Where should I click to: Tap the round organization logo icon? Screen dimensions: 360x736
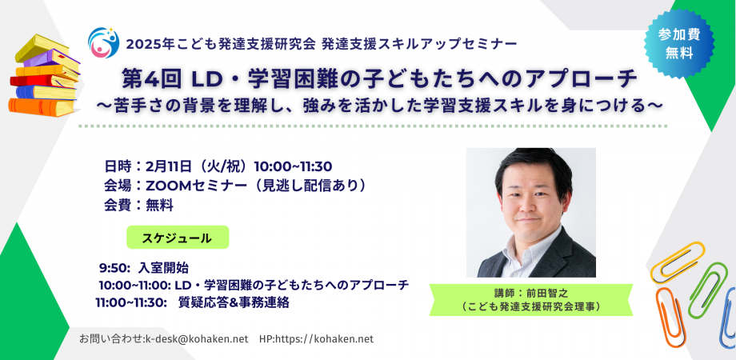103,42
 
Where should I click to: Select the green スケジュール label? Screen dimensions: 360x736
177,238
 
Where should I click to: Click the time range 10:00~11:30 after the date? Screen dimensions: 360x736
293,166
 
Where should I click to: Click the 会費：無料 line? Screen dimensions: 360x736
138,205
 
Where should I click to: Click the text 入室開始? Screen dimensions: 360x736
163,268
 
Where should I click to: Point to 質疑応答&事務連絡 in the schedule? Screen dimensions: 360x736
233,302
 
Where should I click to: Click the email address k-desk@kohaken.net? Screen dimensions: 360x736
195,339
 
